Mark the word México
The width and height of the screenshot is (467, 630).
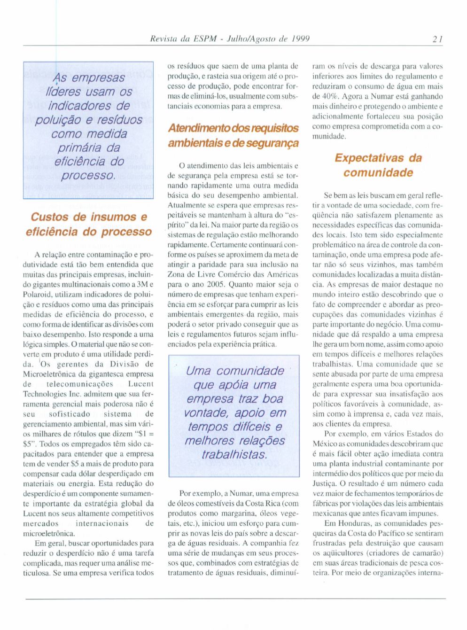click(325, 444)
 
